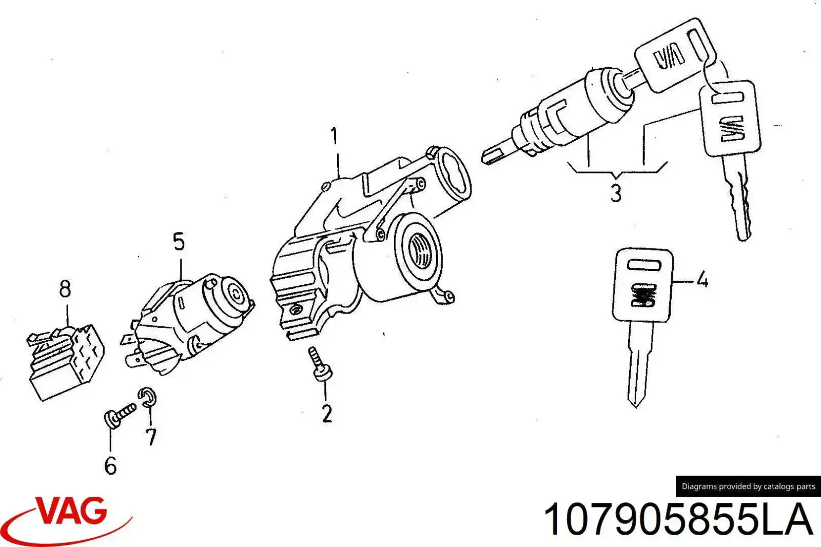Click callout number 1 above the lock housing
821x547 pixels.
tap(334, 136)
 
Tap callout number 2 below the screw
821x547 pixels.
tap(327, 414)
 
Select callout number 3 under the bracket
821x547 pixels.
tap(616, 193)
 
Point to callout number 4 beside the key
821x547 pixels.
tap(702, 280)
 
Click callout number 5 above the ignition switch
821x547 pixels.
tap(179, 242)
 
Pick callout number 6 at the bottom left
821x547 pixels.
tap(111, 465)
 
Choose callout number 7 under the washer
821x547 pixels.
tap(151, 437)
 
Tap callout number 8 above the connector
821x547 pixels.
tap(65, 289)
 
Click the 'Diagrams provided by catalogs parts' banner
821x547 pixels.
tap(748, 486)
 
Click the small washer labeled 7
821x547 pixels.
tap(147, 397)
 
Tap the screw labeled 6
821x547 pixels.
tap(120, 415)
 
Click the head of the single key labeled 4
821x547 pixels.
tap(642, 285)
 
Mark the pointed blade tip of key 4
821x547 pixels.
tap(636, 407)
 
